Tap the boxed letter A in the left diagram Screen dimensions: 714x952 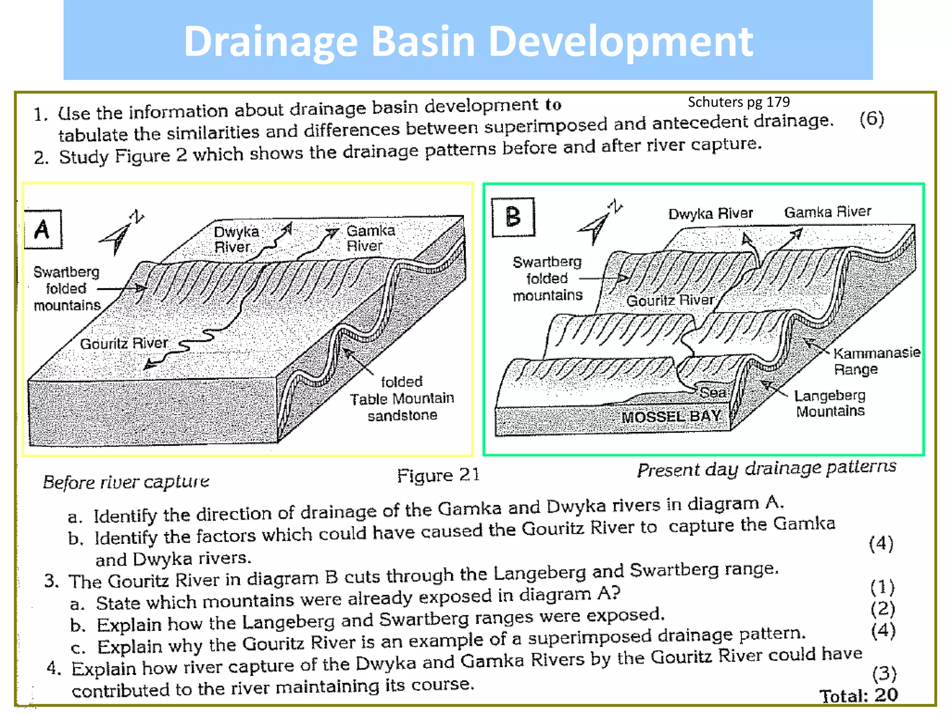42,229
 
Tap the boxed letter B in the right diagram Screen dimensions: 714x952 513,217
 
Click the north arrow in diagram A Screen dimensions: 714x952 121,233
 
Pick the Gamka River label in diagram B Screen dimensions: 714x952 827,212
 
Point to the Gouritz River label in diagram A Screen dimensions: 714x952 124,344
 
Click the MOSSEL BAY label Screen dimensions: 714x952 671,416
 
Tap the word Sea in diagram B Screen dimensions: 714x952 713,392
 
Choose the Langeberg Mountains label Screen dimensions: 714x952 830,403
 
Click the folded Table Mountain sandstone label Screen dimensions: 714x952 402,398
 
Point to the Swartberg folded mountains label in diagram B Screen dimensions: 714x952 547,278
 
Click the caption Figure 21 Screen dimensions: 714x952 437,475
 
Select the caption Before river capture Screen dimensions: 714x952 126,482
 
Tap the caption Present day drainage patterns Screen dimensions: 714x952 766,468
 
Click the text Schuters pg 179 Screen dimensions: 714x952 738,102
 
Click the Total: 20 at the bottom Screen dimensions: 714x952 858,695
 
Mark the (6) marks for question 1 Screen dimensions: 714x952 871,119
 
